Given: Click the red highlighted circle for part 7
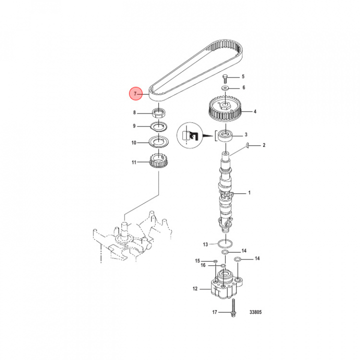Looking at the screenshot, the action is click(135, 93).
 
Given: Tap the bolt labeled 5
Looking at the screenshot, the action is click(225, 79).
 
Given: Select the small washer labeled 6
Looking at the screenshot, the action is click(225, 88).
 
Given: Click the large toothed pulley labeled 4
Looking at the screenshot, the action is click(225, 108).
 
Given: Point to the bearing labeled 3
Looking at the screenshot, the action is click(225, 135).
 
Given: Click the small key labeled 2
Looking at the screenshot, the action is click(247, 144).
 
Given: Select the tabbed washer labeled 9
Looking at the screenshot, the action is click(158, 126).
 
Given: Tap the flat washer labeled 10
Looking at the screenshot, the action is click(158, 142).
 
